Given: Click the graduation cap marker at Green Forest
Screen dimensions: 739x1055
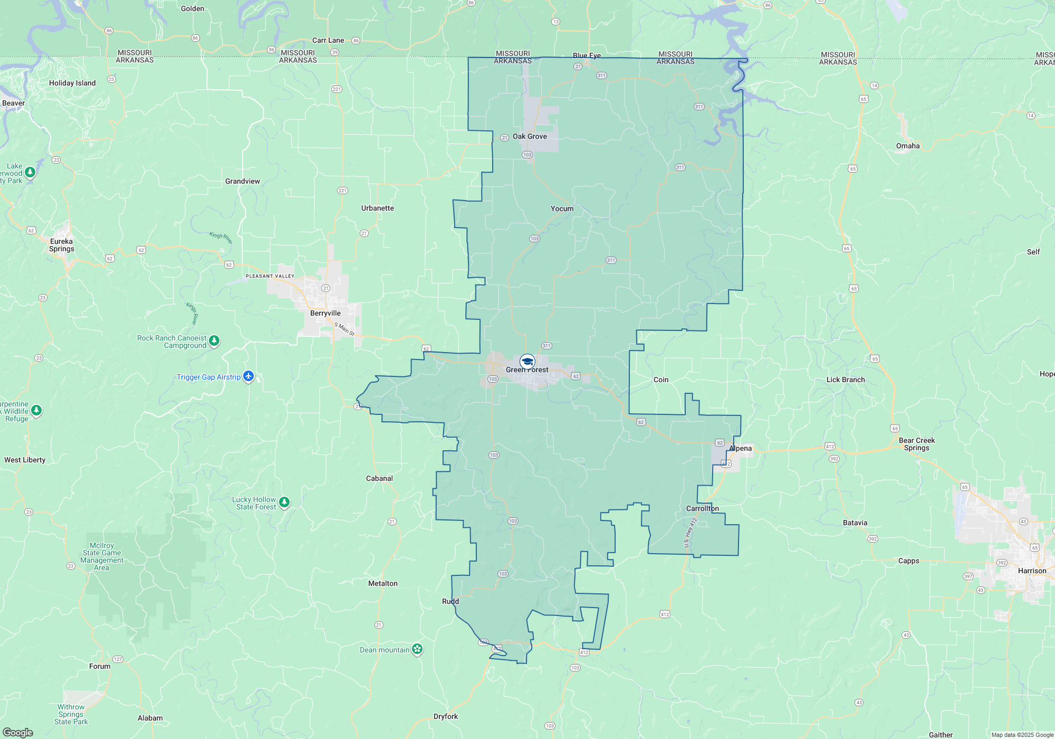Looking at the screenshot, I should [527, 361].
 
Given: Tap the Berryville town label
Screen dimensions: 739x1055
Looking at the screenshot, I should [325, 313].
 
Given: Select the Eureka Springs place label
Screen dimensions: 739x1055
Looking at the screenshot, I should [62, 245].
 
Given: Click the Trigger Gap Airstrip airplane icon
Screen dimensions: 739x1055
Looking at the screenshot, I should [248, 376].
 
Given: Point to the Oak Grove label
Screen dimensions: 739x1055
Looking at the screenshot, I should [530, 136].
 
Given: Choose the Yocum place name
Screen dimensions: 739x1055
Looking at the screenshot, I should [562, 209].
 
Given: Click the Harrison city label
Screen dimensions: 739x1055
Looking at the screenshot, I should [1032, 571].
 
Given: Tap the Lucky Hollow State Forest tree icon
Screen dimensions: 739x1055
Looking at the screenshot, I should [284, 502].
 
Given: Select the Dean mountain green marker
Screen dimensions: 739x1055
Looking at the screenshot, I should [417, 649].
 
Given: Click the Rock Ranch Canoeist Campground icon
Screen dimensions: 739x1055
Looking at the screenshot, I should [214, 340].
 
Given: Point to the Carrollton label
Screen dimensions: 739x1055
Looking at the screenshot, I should [702, 508].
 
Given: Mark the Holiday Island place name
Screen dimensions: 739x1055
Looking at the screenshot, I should [72, 83].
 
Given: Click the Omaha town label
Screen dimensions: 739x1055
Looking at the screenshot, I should [907, 146].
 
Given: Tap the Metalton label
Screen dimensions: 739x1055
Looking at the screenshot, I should [382, 583].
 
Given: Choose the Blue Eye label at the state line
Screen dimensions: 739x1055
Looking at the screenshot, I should [587, 55].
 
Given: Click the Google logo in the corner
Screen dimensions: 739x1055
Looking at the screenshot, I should [18, 732].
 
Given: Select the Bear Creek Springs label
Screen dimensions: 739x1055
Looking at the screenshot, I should [916, 444].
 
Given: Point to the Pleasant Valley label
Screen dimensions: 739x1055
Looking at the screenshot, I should [270, 276].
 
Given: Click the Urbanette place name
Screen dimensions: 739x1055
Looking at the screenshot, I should [377, 208].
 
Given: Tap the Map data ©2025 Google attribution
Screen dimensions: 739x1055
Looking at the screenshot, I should [1022, 735].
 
